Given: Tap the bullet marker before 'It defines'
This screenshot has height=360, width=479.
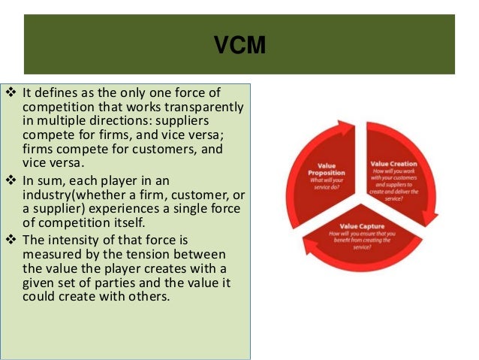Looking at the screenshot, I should [x=10, y=93].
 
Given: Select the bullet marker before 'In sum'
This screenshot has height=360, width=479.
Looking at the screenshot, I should [x=10, y=180].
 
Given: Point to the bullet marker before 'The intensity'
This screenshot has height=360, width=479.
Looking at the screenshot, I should [x=10, y=241].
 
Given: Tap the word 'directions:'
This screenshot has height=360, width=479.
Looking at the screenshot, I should [x=117, y=121].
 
